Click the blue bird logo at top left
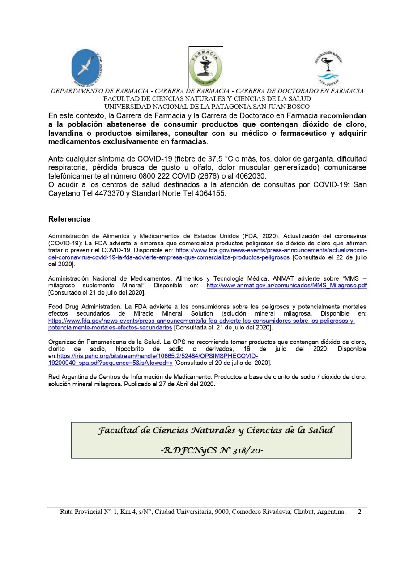(x=88, y=67)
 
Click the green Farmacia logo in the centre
(x=205, y=67)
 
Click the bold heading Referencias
(x=69, y=219)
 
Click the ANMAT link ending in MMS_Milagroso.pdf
(x=286, y=285)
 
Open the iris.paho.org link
(x=157, y=356)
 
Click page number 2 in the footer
(x=359, y=511)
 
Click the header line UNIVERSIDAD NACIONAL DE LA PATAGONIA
(x=207, y=107)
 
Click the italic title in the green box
(x=216, y=431)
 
